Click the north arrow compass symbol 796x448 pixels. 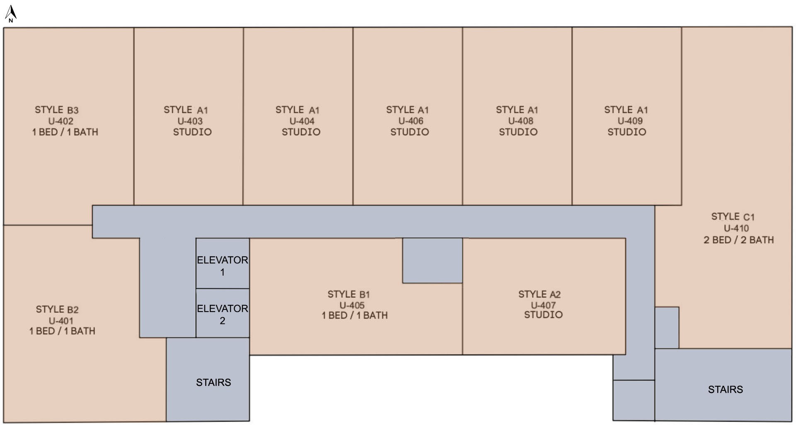(x=10, y=14)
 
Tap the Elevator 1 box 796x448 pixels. (x=223, y=263)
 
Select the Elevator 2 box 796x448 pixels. (x=223, y=313)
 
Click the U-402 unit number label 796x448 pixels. (x=61, y=121)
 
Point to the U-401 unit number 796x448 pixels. (x=61, y=321)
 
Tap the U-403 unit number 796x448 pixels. (x=190, y=121)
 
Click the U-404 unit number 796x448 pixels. (x=302, y=121)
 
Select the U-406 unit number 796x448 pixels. (x=411, y=121)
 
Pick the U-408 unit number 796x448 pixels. (x=521, y=121)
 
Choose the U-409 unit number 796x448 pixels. (x=630, y=121)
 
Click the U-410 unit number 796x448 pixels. (x=736, y=228)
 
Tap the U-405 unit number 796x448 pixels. (x=352, y=305)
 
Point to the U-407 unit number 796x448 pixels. (x=543, y=305)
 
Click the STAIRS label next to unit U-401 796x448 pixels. (x=214, y=382)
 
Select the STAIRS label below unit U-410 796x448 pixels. (x=726, y=390)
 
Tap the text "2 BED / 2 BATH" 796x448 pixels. (x=739, y=240)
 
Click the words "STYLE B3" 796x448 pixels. (x=57, y=110)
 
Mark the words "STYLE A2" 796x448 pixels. (x=539, y=294)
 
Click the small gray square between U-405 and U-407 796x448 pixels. (x=432, y=261)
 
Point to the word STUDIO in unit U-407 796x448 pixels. (x=544, y=315)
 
